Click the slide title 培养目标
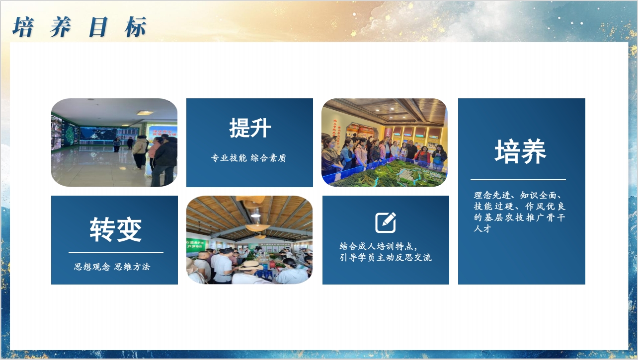tap(80, 27)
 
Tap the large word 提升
tap(250, 128)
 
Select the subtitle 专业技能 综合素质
tap(248, 158)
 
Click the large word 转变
tap(115, 230)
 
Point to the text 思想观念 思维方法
tap(112, 267)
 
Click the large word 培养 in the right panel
tap(520, 151)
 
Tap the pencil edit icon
tap(386, 222)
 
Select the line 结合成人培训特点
tap(378, 246)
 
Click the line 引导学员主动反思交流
tap(386, 258)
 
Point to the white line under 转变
tap(116, 252)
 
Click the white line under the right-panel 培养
tap(518, 180)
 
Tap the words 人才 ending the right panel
tap(482, 228)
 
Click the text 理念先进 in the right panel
tap(492, 195)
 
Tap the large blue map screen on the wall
tap(98, 134)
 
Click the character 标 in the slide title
tap(136, 27)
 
